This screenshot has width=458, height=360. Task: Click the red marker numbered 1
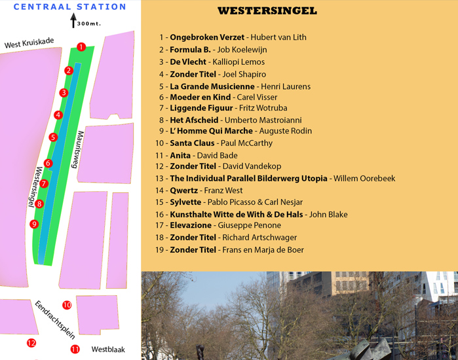tap(81, 46)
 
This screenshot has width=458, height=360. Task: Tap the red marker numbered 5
tap(53, 137)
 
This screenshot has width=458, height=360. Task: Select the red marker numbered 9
tap(34, 224)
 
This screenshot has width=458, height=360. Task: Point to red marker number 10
tap(67, 305)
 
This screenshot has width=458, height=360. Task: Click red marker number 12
tap(31, 342)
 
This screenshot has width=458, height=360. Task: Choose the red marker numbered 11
tap(75, 349)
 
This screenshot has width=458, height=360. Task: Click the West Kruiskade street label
tap(29, 44)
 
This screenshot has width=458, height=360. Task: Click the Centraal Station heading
tap(70, 7)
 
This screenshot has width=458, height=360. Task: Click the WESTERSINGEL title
tap(267, 11)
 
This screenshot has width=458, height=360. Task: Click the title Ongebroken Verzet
tap(207, 37)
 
